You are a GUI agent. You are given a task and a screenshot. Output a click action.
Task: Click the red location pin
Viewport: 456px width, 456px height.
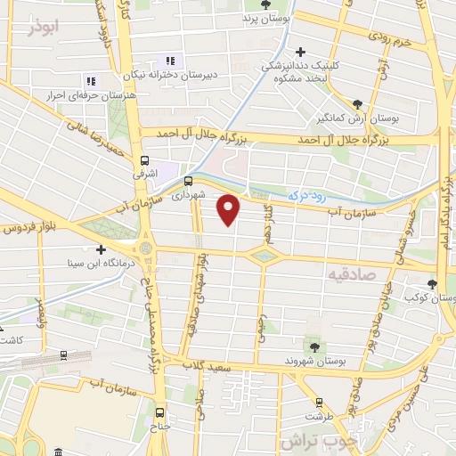pyautogui.click(x=230, y=208)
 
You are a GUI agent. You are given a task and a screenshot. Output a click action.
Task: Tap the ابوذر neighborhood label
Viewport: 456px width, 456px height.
pyautogui.click(x=42, y=28)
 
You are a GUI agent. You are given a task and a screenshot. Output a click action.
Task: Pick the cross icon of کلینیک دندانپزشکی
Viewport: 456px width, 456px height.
pyautogui.click(x=302, y=53)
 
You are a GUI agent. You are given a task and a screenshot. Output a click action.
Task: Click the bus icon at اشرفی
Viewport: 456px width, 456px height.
pyautogui.click(x=144, y=161)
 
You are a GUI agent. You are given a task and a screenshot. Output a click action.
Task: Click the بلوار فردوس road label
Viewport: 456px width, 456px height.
pyautogui.click(x=25, y=229)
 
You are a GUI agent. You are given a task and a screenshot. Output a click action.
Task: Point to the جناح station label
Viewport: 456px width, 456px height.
pyautogui.click(x=159, y=426)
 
